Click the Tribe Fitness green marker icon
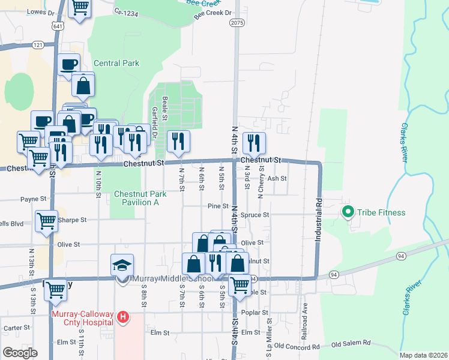pos(347,212)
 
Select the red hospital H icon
pos(123,317)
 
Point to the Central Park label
pos(116,63)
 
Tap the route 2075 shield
pos(237,22)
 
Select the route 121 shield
pos(38,45)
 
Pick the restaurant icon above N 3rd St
pos(254,142)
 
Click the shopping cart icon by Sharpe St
pos(46,220)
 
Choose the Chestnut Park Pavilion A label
pos(136,198)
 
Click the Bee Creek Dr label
pos(212,13)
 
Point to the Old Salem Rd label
pos(351,344)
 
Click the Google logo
pos(20,353)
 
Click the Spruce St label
pos(255,214)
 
